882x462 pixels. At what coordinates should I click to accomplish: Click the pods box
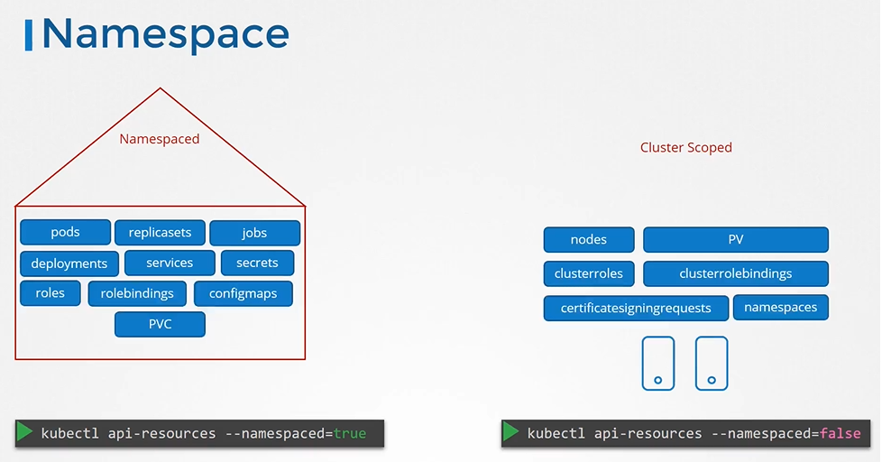click(65, 233)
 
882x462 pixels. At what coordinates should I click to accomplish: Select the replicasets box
click(160, 233)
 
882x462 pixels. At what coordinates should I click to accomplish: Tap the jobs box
click(254, 233)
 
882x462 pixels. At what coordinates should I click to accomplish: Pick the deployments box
click(69, 263)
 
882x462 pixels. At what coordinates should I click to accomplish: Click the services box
click(170, 263)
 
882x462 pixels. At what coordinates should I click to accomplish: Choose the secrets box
click(257, 263)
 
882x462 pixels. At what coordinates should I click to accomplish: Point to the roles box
click(50, 293)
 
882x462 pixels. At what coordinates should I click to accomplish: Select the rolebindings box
click(137, 293)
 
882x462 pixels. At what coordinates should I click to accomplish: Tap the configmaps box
click(243, 294)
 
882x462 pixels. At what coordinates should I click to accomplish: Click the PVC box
click(160, 325)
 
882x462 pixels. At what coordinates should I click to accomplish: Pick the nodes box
click(589, 240)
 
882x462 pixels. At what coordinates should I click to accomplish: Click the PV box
click(735, 240)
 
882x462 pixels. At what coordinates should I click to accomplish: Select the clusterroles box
click(589, 273)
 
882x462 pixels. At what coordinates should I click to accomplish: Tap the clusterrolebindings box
click(735, 273)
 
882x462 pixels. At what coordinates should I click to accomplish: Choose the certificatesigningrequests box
click(636, 308)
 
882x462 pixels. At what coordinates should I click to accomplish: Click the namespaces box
click(780, 308)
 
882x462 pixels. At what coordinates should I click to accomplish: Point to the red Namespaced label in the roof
click(160, 139)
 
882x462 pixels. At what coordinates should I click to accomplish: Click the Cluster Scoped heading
click(685, 147)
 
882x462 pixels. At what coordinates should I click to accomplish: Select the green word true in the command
click(350, 434)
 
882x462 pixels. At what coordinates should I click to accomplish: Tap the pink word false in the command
click(840, 434)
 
